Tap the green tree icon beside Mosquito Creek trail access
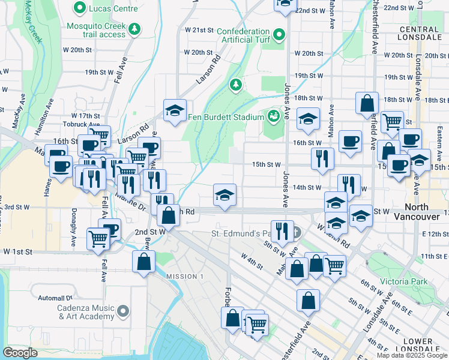(136, 28)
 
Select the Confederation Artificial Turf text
(243, 36)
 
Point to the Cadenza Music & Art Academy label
(82, 313)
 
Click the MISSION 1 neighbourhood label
(185, 276)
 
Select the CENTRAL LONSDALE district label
(418, 34)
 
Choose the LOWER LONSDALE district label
(418, 346)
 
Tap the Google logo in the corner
(20, 353)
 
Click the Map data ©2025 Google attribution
(412, 355)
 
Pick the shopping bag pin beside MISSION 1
(144, 262)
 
